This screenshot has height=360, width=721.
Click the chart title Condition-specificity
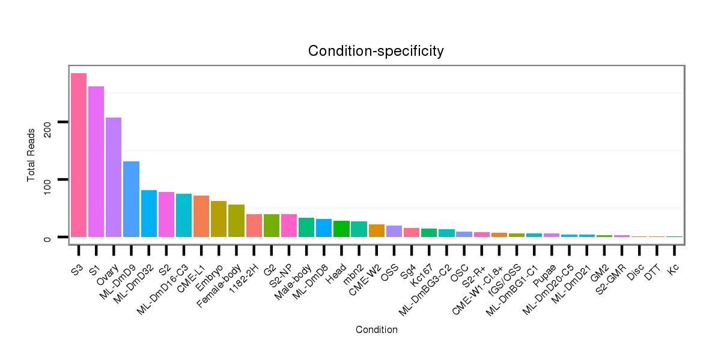[x=376, y=51]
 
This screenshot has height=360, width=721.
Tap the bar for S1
[x=96, y=161]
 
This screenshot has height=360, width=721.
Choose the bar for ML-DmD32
[x=148, y=214]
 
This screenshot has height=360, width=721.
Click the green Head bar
[x=341, y=229]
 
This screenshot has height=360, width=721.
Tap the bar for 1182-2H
[x=254, y=226]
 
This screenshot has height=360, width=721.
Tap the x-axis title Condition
[x=376, y=329]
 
